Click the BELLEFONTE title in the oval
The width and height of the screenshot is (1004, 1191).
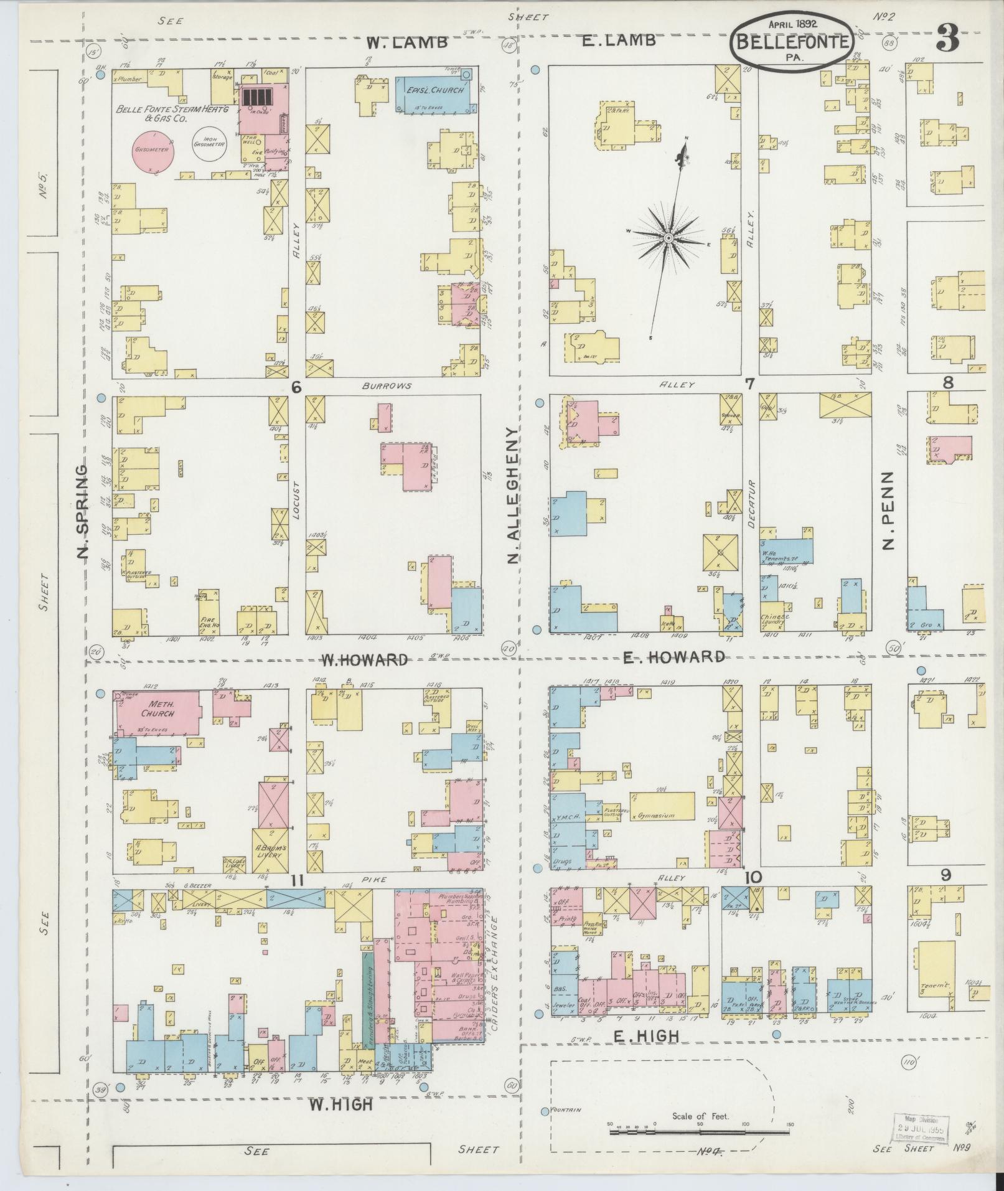coord(792,42)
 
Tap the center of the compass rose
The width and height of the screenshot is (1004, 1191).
coord(668,238)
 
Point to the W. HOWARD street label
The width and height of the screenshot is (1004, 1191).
coord(364,659)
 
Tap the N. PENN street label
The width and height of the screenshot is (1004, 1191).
coord(888,511)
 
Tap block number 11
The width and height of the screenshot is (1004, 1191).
coord(297,880)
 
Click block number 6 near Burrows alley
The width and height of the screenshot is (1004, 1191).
coord(296,387)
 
